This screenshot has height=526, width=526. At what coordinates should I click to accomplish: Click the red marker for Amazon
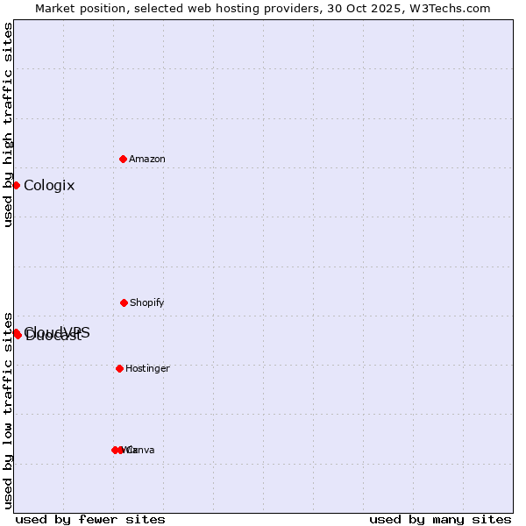coord(123,159)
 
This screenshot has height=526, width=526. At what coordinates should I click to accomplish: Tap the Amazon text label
coord(147,159)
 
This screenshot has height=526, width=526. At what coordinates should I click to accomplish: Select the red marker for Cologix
coord(16,185)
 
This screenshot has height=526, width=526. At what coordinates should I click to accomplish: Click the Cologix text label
coord(49,185)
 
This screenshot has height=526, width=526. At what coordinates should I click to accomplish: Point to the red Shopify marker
coord(124,302)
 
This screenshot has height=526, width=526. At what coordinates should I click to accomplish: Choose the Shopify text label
coord(147,302)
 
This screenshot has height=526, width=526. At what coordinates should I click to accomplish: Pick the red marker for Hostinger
coord(119,368)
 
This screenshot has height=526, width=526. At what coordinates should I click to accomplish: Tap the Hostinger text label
coord(147,368)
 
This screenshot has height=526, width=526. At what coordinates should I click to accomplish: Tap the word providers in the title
coord(301,8)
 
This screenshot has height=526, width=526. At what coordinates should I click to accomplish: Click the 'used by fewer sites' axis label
coord(90,519)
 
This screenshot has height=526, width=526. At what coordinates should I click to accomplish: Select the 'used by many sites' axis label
coord(440,519)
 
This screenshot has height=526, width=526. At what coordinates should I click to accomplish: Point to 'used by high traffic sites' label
coord(8,124)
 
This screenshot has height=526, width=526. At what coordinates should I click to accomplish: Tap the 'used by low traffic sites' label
coord(8,410)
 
